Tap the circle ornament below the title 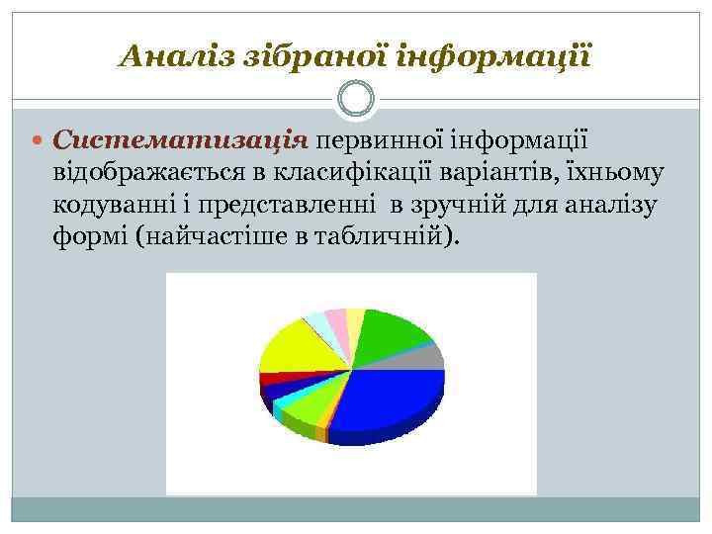click(x=355, y=99)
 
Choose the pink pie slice click(x=337, y=322)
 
